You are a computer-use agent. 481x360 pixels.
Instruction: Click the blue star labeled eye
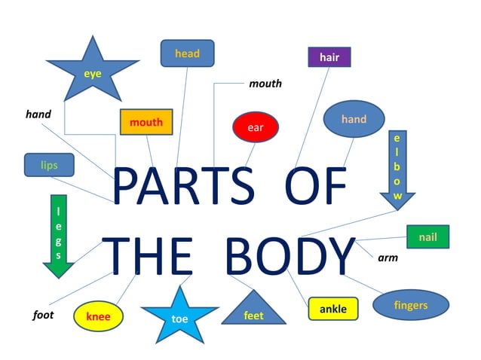pos(93,73)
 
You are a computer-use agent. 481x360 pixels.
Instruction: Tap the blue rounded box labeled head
pos(187,53)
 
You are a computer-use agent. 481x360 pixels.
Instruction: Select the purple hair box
pos(329,57)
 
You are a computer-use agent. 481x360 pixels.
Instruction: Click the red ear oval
pos(256,127)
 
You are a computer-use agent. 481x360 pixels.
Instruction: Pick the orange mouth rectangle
pos(146,122)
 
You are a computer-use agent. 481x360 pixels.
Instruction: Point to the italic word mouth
pos(265,84)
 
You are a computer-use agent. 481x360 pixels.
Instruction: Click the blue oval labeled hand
pos(354,119)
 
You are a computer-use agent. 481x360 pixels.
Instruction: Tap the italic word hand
pos(38,114)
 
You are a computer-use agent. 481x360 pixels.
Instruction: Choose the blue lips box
pos(49,164)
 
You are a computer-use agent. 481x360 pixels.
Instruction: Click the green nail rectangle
pos(427,237)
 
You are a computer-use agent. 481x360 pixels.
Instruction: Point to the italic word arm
pos(388,258)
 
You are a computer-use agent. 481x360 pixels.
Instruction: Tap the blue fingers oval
pos(411,305)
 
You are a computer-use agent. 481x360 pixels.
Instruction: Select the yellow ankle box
pos(332,309)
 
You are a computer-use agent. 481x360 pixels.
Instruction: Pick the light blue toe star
pos(179,316)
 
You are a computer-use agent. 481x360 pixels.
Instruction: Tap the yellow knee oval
pos(98,316)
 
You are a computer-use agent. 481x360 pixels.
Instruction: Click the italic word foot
pos(43,315)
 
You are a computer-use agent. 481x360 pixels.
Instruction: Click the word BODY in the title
pos(290,256)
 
